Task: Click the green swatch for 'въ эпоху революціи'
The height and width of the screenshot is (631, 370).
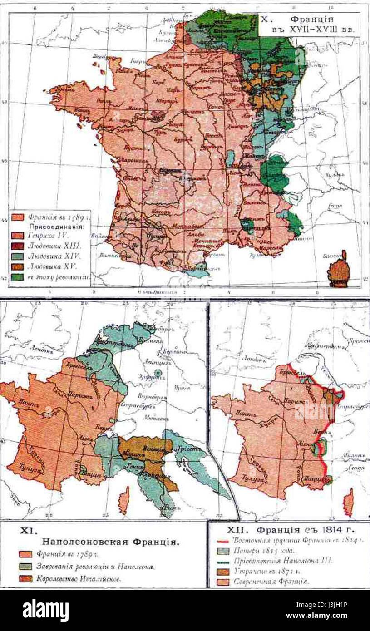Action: (x=18, y=276)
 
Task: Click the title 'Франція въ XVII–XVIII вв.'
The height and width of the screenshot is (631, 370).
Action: (x=309, y=25)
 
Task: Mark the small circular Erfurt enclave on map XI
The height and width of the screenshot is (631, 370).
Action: (x=158, y=373)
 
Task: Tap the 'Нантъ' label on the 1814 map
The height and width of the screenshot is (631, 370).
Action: (x=242, y=414)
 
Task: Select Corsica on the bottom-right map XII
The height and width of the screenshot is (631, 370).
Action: (x=348, y=502)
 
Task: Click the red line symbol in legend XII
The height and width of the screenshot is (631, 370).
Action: (x=222, y=541)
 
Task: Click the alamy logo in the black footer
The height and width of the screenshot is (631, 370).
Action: (x=45, y=611)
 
